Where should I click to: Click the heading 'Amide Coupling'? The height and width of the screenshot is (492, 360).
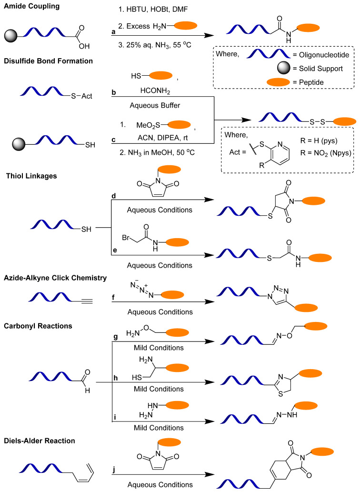coord(32,6)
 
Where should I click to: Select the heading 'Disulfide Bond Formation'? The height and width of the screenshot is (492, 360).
coord(48,61)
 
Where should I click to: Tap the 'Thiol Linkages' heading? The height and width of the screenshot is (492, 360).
coord(31,176)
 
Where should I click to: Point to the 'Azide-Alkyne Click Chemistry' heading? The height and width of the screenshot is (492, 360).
coord(55,278)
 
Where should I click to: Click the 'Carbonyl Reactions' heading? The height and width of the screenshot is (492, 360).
coord(38,326)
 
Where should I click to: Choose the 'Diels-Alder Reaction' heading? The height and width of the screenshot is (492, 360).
coord(40,441)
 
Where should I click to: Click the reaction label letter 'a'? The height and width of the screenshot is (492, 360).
coord(113,32)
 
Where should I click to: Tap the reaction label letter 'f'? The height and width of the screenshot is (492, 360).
coord(113,297)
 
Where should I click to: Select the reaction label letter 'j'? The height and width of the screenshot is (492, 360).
coord(113,470)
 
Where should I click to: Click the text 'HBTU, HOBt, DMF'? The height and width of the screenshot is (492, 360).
coord(157,10)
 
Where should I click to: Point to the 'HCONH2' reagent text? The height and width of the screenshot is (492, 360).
coord(155,91)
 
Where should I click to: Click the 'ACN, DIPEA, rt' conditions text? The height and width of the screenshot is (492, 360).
coord(163,138)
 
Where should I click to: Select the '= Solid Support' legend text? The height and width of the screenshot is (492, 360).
coord(318,69)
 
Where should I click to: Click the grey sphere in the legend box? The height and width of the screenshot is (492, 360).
coord(284,68)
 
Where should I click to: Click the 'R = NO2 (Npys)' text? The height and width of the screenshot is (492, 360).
coord(326,153)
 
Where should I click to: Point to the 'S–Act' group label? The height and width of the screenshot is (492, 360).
coord(81,96)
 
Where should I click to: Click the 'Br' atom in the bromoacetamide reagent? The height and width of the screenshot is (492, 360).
coord(126,238)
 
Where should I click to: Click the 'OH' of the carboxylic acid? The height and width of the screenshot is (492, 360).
coord(84,46)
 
